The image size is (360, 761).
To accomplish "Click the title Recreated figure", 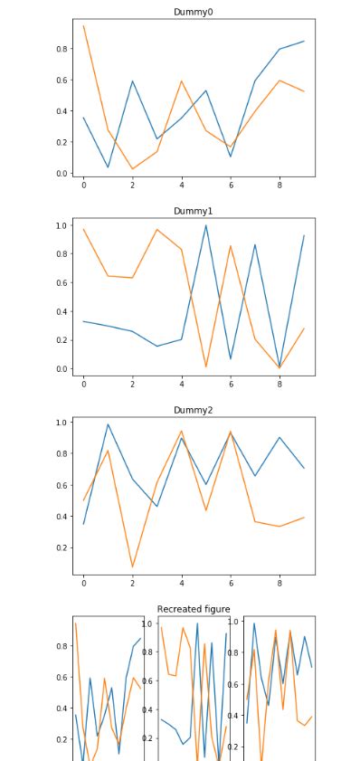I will pos(193,609).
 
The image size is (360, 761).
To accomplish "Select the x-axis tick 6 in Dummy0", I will pos(231,185).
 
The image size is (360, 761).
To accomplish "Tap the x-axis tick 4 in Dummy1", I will pos(182,385).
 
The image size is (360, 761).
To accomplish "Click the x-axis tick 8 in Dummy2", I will pos(279,584).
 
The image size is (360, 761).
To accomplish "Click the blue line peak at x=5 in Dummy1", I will pos(206,225).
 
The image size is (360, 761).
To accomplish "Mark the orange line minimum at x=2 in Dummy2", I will pos(133,567).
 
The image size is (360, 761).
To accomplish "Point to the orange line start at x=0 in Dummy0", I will pos(84,25).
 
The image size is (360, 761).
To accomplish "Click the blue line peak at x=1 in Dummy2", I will pos(109,424).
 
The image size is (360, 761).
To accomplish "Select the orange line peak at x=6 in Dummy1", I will pos(231,246).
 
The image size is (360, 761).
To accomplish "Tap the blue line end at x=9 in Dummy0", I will pos(304,41).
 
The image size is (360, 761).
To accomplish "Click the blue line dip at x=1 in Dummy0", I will pos(109,167).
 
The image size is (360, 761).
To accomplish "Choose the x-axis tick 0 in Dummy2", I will pos(84,584).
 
